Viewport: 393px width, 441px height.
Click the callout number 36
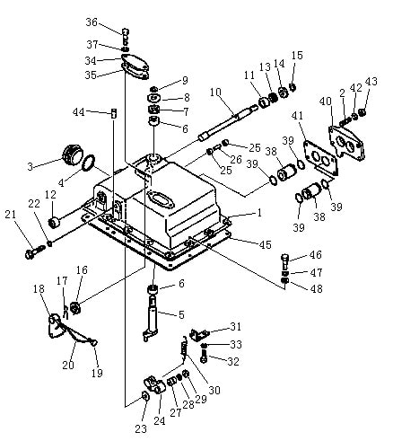[92, 22]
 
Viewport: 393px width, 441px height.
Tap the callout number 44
[78, 112]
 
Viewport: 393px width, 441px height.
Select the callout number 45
[265, 244]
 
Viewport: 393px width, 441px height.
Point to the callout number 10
[215, 93]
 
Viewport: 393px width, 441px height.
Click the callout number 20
[68, 365]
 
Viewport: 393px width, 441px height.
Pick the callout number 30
[214, 390]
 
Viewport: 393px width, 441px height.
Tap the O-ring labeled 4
[89, 163]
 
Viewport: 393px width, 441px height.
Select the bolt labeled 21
[34, 252]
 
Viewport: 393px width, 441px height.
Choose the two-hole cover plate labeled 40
[347, 142]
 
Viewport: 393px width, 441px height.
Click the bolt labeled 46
[284, 261]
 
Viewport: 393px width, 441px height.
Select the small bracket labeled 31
[199, 334]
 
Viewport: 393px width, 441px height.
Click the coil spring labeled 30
[185, 347]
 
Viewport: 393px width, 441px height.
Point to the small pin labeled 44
[114, 113]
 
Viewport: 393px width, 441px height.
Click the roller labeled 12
[54, 223]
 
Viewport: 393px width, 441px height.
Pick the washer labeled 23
[145, 396]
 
